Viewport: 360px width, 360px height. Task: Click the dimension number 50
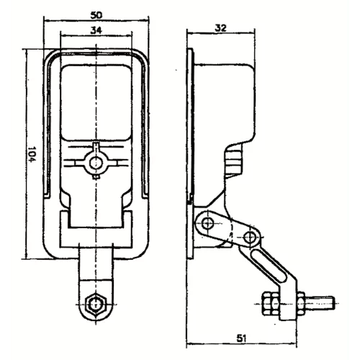point(96,13)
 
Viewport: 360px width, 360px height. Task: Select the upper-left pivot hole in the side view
point(208,225)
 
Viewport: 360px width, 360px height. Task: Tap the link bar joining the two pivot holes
point(229,230)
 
